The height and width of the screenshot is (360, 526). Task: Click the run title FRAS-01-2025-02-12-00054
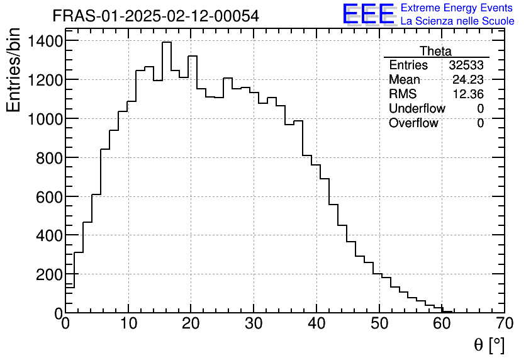(155, 16)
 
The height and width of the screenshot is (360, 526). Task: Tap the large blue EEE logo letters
(369, 14)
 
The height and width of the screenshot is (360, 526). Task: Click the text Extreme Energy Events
(456, 8)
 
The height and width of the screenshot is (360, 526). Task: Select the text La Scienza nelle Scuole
(457, 21)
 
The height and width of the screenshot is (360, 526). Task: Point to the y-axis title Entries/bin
(14, 70)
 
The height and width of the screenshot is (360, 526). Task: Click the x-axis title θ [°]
(489, 344)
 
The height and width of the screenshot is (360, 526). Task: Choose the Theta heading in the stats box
(435, 51)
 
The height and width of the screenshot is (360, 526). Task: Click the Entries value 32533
(466, 65)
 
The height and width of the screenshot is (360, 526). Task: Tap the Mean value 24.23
(468, 80)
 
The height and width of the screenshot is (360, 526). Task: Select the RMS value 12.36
(468, 94)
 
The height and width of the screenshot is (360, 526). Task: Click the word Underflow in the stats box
(417, 108)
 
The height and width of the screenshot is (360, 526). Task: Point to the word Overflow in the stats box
(413, 123)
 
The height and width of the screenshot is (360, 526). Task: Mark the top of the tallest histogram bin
(167, 42)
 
